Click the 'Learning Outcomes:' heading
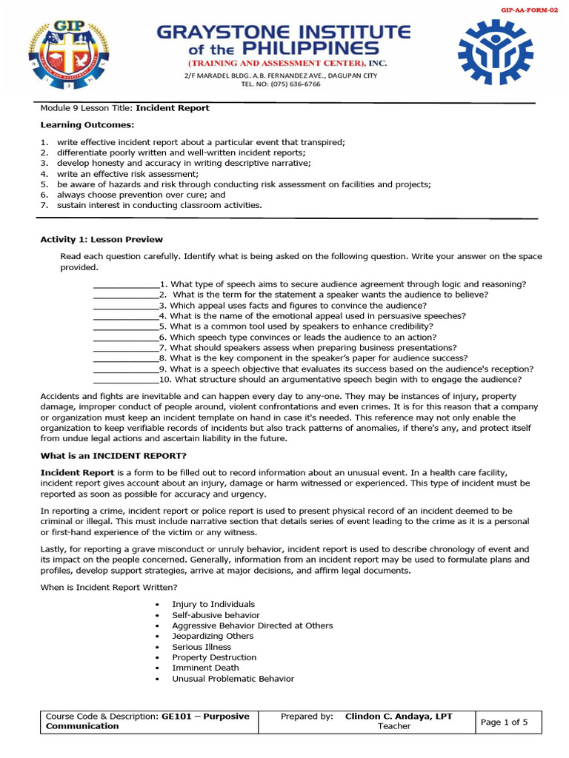[x=76, y=124]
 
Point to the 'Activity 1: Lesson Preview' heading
[x=101, y=239]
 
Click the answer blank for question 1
[x=125, y=284]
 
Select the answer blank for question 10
[x=125, y=379]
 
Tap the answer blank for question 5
[x=125, y=326]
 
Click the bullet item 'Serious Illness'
[x=202, y=647]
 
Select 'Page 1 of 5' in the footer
[x=505, y=722]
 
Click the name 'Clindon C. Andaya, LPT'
[x=399, y=717]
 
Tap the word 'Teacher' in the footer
[x=394, y=726]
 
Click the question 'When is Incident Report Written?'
[x=108, y=587]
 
